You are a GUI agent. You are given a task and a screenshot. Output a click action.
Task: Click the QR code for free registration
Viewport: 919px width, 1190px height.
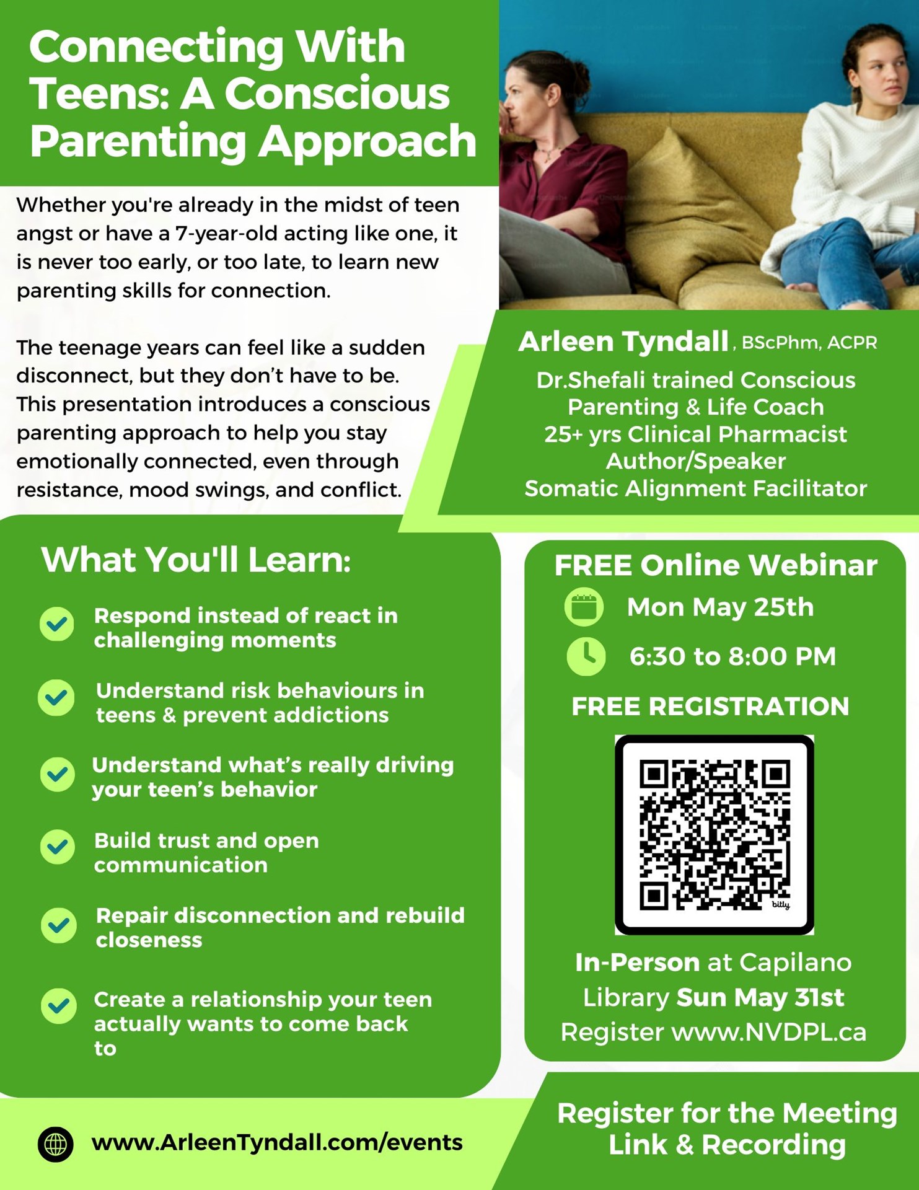(714, 834)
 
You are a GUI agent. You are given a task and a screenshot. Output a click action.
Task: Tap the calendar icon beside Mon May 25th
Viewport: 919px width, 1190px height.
(584, 607)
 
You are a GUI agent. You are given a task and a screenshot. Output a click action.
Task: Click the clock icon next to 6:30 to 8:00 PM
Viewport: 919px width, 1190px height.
(586, 656)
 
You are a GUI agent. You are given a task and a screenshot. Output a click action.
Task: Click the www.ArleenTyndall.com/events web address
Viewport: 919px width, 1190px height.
(276, 1142)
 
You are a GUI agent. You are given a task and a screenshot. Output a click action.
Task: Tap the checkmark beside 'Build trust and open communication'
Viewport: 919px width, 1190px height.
(58, 847)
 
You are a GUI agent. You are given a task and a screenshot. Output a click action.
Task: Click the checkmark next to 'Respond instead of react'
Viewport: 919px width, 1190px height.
(57, 624)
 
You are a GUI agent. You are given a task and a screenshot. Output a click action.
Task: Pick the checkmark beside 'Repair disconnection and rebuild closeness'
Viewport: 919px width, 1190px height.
(59, 925)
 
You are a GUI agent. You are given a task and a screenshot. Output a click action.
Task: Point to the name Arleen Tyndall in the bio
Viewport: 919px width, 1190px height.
(623, 342)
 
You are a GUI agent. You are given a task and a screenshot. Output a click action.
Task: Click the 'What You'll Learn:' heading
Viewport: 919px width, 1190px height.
(196, 560)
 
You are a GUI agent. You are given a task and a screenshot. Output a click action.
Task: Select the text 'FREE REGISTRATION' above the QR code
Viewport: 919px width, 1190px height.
(710, 706)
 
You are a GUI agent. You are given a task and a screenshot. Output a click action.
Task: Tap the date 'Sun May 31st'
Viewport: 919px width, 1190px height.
(760, 997)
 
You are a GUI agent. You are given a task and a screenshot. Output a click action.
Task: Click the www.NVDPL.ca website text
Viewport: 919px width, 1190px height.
(769, 1032)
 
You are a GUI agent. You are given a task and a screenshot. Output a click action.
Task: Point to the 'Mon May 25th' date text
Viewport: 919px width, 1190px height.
(720, 607)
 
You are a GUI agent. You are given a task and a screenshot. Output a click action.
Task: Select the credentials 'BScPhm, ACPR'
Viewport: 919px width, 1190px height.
(809, 343)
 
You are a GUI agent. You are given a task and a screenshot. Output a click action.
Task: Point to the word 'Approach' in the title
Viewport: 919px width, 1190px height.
(367, 141)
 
